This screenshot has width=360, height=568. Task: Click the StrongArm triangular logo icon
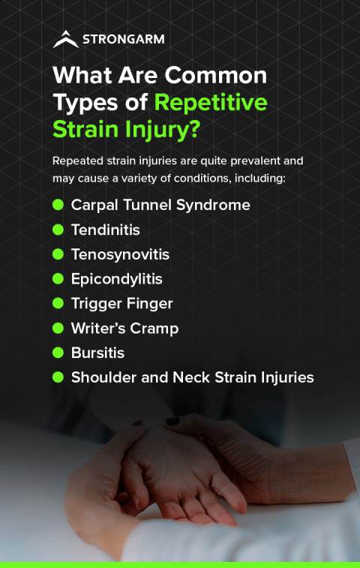click(x=66, y=39)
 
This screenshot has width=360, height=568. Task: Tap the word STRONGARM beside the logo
click(x=123, y=39)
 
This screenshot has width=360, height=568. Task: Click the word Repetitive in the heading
click(x=211, y=101)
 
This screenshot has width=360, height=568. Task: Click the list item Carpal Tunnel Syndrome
click(x=160, y=205)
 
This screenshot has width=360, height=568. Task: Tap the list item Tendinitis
click(x=106, y=230)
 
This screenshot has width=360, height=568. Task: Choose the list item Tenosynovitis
click(x=120, y=254)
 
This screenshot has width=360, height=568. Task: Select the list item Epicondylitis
click(x=116, y=279)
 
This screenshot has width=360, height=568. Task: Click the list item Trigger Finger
click(x=121, y=304)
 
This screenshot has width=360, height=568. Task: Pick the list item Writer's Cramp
click(x=124, y=329)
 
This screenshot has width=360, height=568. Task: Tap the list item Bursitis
click(x=97, y=353)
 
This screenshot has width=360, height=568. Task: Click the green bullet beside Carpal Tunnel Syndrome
click(x=58, y=205)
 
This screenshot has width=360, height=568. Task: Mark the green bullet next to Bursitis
click(x=58, y=353)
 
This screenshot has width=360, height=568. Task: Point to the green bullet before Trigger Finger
click(x=58, y=304)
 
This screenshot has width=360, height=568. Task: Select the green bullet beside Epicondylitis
click(x=58, y=279)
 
